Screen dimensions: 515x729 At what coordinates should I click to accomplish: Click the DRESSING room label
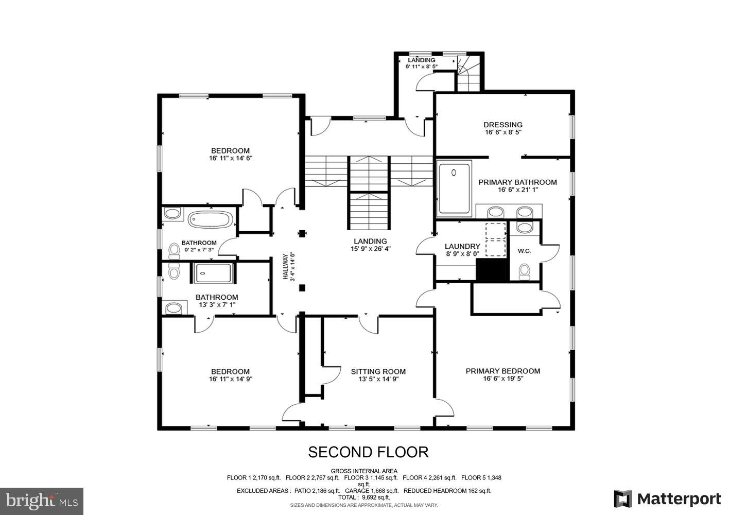[502, 125]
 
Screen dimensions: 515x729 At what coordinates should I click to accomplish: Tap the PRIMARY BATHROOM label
[517, 182]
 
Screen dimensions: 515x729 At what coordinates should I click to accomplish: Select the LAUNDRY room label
[462, 247]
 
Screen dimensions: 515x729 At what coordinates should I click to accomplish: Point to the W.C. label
[524, 251]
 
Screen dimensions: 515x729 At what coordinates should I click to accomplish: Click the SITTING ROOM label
[378, 372]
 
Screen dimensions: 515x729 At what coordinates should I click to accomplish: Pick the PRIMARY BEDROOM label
[502, 371]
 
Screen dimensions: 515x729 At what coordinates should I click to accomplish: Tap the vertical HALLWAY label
[285, 266]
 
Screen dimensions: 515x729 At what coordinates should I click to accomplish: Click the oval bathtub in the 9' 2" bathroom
[210, 220]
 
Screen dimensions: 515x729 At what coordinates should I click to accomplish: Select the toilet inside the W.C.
[524, 271]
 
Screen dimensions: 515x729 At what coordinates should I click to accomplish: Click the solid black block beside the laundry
[492, 270]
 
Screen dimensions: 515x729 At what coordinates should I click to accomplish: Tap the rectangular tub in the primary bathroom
[454, 188]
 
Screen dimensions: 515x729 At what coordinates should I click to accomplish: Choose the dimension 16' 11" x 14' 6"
[230, 158]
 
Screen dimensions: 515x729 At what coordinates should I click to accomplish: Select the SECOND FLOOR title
[368, 452]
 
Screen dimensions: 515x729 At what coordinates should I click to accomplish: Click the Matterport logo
[667, 499]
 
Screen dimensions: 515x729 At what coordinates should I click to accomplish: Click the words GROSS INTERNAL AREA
[363, 471]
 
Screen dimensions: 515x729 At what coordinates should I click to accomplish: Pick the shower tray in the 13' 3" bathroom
[213, 273]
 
